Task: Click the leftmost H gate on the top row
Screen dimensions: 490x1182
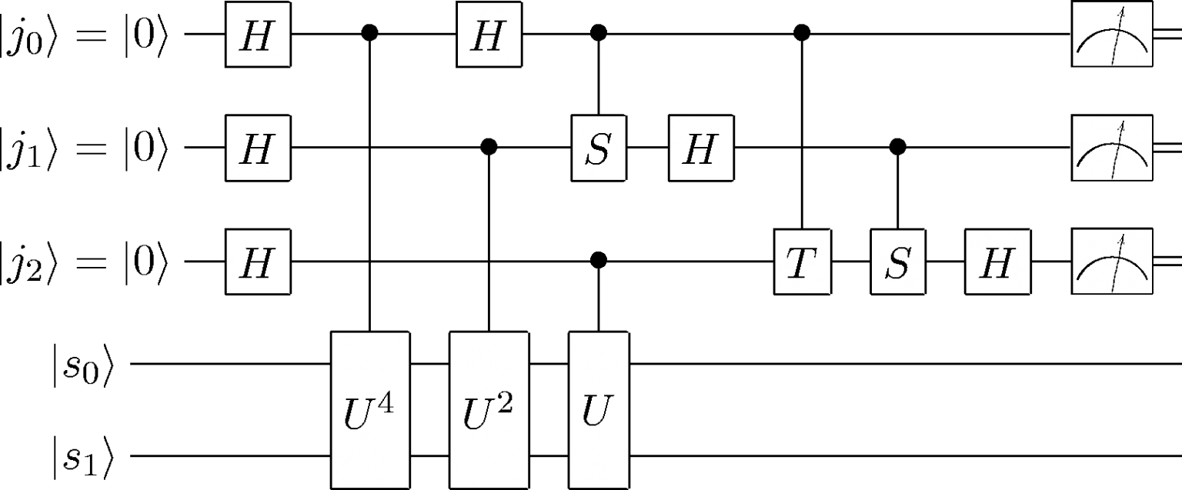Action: coord(257,35)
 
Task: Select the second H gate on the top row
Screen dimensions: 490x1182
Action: coord(489,35)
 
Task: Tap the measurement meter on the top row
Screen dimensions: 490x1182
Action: coord(1112,35)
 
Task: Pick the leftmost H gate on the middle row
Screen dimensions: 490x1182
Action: coord(257,148)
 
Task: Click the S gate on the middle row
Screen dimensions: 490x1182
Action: coord(599,148)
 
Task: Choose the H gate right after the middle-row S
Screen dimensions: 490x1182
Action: coord(700,148)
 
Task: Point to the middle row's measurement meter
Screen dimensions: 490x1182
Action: coord(1112,148)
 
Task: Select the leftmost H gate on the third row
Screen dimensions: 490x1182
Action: coord(257,262)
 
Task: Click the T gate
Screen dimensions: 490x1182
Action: coord(802,262)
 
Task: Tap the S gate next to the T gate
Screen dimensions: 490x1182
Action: coord(897,262)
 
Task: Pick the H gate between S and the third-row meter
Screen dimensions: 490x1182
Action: coord(997,262)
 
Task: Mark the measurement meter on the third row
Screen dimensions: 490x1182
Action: coord(1112,262)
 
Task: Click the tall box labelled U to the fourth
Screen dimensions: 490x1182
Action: coord(370,410)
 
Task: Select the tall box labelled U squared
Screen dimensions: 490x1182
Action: coord(489,410)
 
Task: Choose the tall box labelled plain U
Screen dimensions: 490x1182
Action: coord(599,410)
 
